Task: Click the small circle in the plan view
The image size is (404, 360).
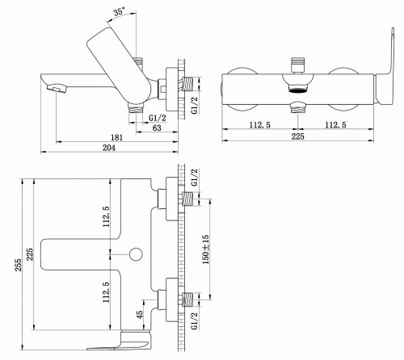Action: tap(136, 255)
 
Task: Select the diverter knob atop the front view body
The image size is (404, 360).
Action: tap(297, 60)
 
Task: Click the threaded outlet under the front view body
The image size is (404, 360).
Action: tap(297, 103)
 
